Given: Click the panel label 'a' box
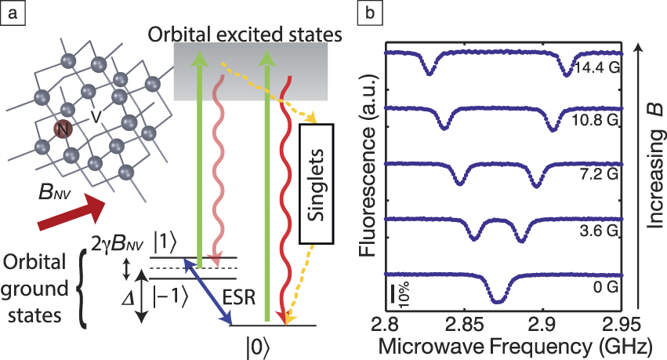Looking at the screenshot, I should coord(10,11).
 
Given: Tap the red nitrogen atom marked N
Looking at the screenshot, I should coord(59,129).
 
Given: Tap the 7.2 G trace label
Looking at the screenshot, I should coord(600,178).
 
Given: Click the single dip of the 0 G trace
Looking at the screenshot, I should coord(496,300).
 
